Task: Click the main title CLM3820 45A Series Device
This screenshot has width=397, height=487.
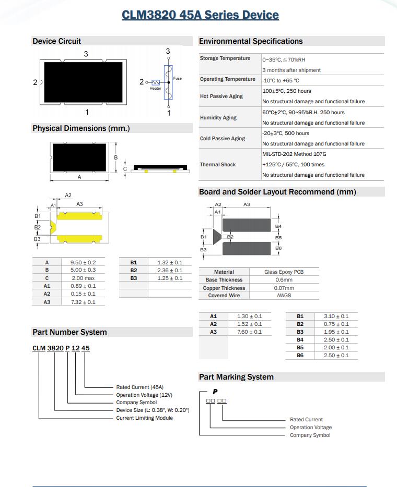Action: click(x=200, y=15)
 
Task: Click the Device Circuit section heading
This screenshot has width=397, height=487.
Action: click(x=56, y=41)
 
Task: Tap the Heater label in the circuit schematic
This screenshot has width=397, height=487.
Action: click(x=156, y=88)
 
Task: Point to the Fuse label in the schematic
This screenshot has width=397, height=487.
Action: click(x=178, y=78)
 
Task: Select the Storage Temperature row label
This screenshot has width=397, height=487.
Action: click(x=225, y=58)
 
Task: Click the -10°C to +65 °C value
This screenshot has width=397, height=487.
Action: click(x=281, y=81)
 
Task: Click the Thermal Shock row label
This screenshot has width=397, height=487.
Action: click(x=218, y=165)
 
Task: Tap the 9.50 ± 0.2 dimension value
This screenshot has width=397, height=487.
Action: click(x=83, y=262)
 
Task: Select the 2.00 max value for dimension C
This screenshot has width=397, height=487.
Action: click(x=83, y=278)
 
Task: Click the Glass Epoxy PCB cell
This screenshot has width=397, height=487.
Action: click(x=284, y=272)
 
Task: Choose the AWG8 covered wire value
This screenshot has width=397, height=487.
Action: click(x=284, y=296)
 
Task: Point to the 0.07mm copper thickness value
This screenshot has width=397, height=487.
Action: click(x=284, y=288)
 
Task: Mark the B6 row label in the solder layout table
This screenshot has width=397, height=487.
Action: click(x=300, y=356)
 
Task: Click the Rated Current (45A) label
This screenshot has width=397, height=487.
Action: click(x=139, y=387)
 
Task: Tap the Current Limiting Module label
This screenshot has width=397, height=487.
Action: click(x=144, y=418)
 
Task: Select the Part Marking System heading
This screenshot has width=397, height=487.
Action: click(x=236, y=377)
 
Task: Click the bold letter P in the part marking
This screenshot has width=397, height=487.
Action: click(x=215, y=392)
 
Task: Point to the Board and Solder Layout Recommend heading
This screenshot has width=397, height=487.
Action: click(x=277, y=192)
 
